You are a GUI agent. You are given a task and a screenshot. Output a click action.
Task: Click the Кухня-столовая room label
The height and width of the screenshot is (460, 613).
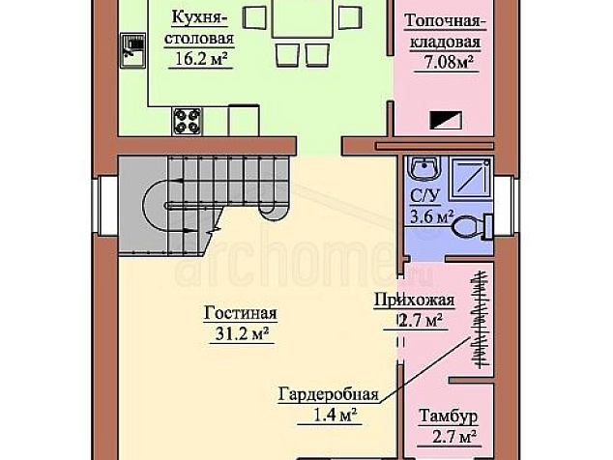[199, 28]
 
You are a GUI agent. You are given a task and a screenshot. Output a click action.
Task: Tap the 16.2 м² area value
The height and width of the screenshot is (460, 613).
[200, 59]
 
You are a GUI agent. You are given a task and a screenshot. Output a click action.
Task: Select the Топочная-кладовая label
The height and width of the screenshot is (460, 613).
[445, 31]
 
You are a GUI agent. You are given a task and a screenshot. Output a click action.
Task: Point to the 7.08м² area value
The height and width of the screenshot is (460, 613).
[447, 63]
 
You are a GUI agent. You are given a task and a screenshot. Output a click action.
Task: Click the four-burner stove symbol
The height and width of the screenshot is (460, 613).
[187, 121]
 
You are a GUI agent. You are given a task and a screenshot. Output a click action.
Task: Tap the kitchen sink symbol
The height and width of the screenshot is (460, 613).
[132, 50]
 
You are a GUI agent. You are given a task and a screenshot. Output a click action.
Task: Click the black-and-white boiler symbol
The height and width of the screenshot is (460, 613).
[446, 120]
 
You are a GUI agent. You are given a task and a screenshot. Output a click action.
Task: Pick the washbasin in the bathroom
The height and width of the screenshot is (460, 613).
[424, 168]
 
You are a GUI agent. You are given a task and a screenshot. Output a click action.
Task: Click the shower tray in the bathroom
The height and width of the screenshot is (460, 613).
[471, 178]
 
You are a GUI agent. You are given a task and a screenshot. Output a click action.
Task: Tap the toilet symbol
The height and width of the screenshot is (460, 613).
[473, 226]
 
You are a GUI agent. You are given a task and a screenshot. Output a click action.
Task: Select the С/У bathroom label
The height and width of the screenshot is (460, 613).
[424, 195]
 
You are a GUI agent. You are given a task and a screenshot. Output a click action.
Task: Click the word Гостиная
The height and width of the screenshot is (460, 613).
[240, 313]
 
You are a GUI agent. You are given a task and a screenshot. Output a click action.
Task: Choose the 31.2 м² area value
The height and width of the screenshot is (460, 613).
[242, 334]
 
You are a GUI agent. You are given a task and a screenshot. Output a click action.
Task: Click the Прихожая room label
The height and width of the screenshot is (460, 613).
[414, 301]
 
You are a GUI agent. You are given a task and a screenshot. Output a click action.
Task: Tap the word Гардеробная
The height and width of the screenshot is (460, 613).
[329, 394]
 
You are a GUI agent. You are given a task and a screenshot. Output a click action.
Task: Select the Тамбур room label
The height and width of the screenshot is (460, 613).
[448, 416]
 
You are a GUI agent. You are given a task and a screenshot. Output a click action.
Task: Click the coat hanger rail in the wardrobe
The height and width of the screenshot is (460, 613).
[481, 319]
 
